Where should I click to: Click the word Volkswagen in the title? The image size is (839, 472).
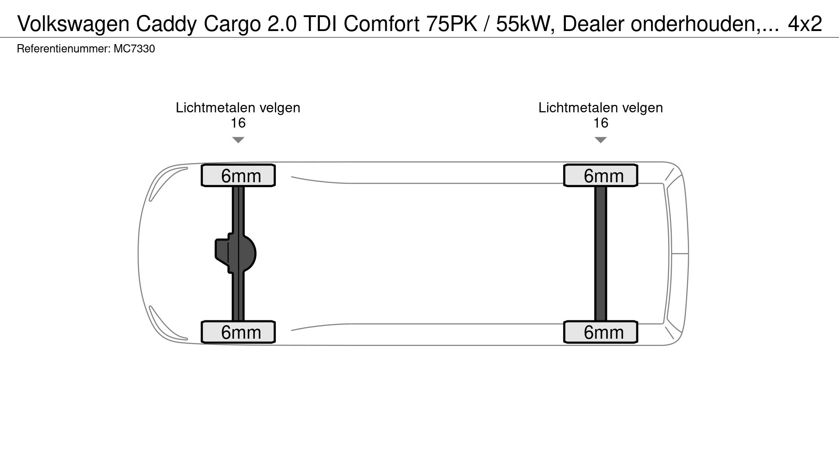point(73,24)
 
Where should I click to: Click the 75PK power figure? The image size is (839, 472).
point(452,24)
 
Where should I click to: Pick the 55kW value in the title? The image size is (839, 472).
point(523,24)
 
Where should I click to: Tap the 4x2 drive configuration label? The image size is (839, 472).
point(805,24)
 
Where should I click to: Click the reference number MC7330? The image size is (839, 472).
point(134,49)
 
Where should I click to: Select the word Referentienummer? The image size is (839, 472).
point(63,49)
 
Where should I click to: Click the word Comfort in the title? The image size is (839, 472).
point(381,24)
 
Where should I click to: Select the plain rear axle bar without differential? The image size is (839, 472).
point(601,253)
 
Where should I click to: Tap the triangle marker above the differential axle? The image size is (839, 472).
point(238,140)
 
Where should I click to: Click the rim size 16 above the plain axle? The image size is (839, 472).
point(600,123)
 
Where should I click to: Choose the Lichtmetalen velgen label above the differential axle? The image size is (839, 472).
point(238,108)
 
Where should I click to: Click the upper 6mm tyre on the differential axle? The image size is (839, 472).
point(238,176)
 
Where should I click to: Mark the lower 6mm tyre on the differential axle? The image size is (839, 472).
point(238,332)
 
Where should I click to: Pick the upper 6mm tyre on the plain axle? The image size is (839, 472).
point(601,176)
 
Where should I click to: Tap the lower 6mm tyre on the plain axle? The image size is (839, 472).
point(601,332)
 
